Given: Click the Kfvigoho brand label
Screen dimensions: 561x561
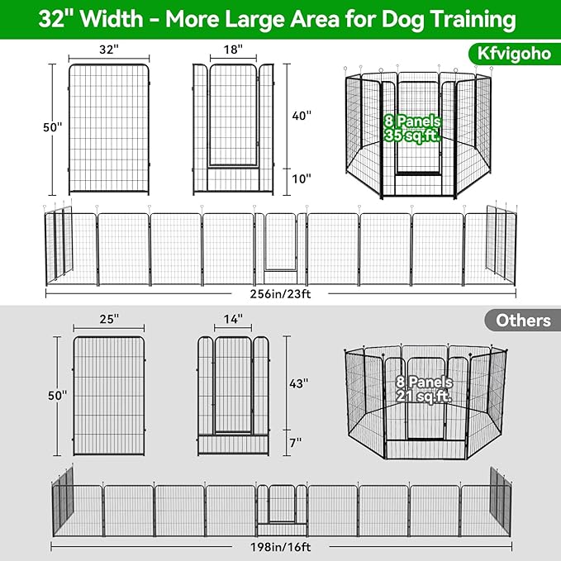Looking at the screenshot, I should coord(507,55).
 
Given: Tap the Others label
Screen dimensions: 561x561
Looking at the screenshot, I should coord(524,321).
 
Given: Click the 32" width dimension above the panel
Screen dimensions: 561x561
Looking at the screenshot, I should coord(108,50).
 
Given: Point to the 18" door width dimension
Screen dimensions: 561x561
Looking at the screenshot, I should coord(233,50).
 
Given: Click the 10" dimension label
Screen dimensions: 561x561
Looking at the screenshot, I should coord(300,178).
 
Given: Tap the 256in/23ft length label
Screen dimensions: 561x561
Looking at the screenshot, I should coord(280,292).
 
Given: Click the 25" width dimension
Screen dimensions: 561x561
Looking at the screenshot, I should coord(108,317).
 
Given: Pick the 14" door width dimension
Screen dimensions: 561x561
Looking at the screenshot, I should coord(233,317).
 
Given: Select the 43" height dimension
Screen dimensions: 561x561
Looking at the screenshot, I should coord(300,383).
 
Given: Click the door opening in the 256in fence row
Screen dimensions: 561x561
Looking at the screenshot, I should coord(281,244).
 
